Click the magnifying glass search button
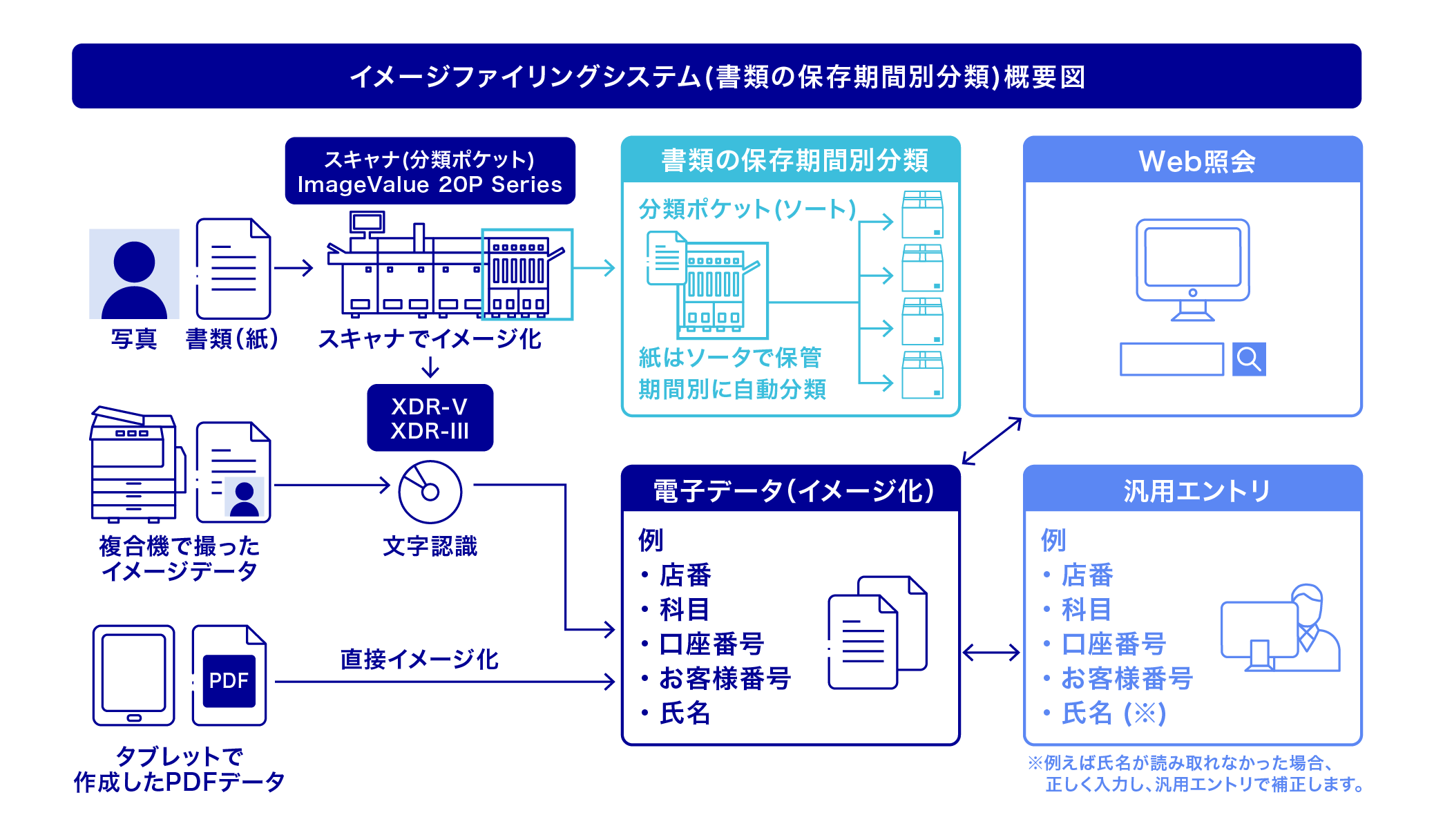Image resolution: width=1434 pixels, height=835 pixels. [1248, 359]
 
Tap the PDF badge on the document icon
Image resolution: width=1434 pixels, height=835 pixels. [229, 681]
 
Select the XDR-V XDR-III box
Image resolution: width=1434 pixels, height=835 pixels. [430, 418]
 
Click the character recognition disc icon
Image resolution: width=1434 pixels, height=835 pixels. [430, 492]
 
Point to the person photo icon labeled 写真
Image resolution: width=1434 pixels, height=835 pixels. [134, 274]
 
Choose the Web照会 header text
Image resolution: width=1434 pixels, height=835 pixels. [1196, 161]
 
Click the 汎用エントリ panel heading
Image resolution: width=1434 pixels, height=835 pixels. [1196, 490]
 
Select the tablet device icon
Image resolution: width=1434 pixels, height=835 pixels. [134, 675]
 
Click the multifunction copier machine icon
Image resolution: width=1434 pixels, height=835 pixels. [136, 464]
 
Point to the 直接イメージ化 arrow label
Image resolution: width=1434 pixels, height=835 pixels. [419, 659]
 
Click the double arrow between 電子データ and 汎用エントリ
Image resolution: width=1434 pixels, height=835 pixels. [991, 652]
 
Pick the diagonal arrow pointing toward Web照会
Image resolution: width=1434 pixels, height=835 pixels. [992, 441]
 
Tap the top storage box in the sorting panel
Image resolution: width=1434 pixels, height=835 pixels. [922, 215]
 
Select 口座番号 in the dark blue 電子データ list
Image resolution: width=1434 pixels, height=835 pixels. [711, 644]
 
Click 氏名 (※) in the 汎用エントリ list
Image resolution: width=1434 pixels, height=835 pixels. [1113, 713]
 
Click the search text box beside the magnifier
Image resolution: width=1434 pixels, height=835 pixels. [1172, 359]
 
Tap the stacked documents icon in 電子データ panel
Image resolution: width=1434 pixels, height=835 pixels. [877, 632]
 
